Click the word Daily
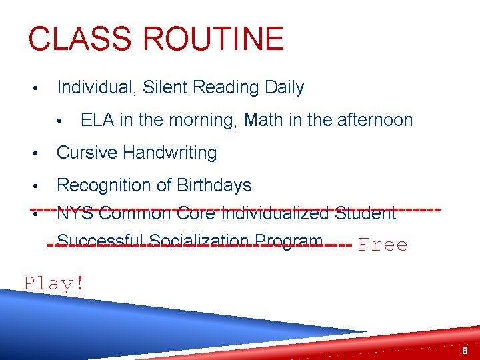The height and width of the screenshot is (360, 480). pos(281,87)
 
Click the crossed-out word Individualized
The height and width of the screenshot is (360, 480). pos(275,214)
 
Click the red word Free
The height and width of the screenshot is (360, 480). pos(383,245)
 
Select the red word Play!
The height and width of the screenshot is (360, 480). pos(54,283)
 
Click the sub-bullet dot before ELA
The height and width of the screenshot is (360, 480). pos(60,121)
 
